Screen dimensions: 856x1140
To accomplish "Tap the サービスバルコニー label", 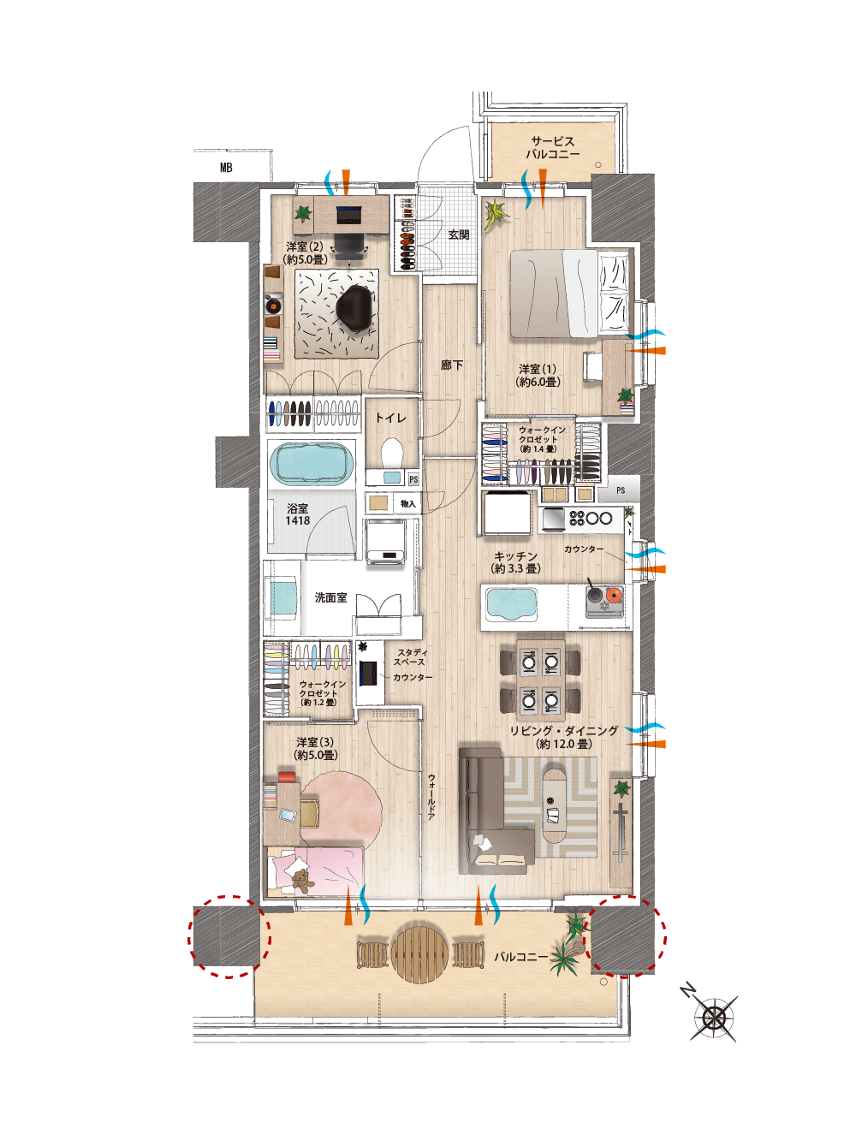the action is pyautogui.click(x=552, y=147).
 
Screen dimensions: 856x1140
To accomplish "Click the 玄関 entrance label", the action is pyautogui.click(x=459, y=235).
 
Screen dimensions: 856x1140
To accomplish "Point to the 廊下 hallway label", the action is pyautogui.click(x=452, y=365).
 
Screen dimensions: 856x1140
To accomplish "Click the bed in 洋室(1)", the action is pyautogui.click(x=555, y=294).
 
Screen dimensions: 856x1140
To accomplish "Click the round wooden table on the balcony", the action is pyautogui.click(x=420, y=953).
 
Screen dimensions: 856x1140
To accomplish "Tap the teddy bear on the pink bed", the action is pyautogui.click(x=301, y=879).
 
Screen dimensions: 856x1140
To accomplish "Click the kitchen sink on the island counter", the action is pyautogui.click(x=511, y=605).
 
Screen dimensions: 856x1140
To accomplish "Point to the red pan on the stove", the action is pyautogui.click(x=614, y=595).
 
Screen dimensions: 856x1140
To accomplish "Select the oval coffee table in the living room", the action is pyautogui.click(x=555, y=805).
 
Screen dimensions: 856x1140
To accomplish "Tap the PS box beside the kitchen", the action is pyautogui.click(x=621, y=490).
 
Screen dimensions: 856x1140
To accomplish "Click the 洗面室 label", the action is pyautogui.click(x=330, y=597).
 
